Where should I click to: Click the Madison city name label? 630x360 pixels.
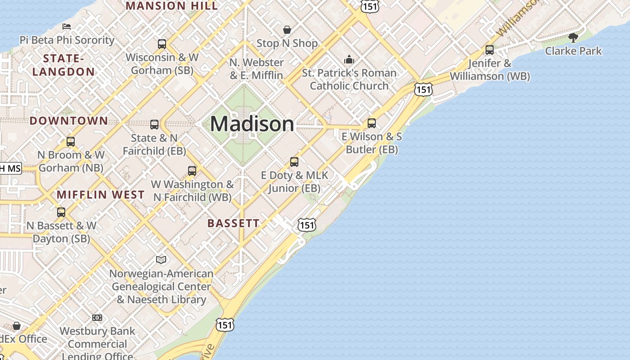[x=252, y=124]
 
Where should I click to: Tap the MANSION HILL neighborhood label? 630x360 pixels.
[x=171, y=6]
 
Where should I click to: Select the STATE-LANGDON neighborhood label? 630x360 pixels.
[x=63, y=65]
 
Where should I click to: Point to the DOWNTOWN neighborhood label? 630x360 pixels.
[x=69, y=121]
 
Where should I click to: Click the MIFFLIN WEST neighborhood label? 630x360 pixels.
[x=101, y=195]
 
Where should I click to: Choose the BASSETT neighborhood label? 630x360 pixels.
[x=234, y=223]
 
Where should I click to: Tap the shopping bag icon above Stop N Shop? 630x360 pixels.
[x=287, y=30]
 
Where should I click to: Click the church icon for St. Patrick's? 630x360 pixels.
[x=349, y=59]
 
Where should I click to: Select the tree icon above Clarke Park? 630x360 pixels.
[x=573, y=37]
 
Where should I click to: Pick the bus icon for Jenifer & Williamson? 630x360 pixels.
[x=490, y=50]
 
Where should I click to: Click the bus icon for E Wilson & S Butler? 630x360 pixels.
[x=372, y=123]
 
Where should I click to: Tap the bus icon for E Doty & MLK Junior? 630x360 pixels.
[x=294, y=162]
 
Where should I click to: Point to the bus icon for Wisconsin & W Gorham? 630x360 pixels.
[x=162, y=44]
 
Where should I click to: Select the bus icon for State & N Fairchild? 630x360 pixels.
[x=154, y=125]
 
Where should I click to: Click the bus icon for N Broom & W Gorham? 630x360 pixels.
[x=71, y=142]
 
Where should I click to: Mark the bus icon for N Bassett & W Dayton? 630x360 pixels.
[x=61, y=212]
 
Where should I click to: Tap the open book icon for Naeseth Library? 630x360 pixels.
[x=161, y=260]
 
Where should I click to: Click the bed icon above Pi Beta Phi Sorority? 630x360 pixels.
[x=67, y=26]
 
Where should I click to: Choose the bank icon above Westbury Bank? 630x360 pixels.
[x=97, y=318]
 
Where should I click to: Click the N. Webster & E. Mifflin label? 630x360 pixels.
[x=256, y=68]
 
